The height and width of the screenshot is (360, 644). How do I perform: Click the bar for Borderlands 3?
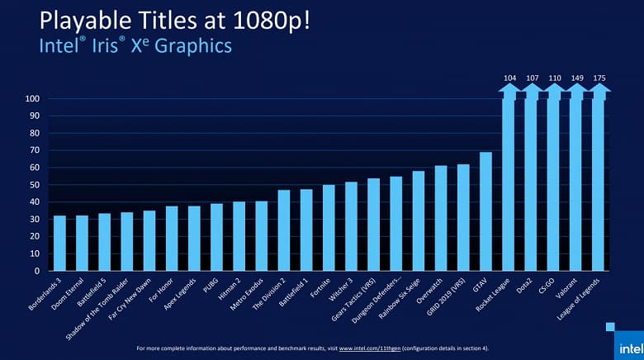click(59, 244)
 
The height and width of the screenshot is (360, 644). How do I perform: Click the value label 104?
click(509, 78)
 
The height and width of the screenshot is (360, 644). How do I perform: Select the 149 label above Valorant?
click(575, 78)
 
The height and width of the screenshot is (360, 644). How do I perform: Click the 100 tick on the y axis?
click(34, 99)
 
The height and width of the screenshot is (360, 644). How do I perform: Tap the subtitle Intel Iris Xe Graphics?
click(135, 46)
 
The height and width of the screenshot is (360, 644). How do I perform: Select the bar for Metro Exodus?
click(261, 236)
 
